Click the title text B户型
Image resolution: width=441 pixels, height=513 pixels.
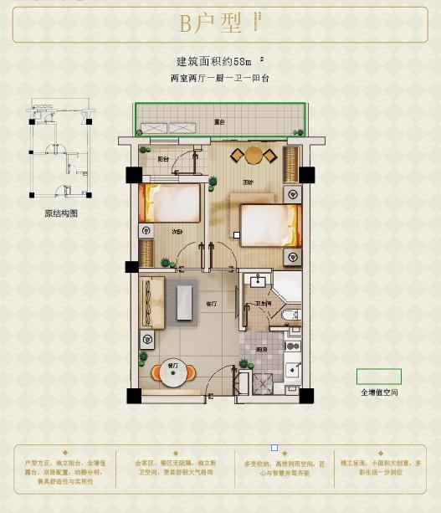(209, 23)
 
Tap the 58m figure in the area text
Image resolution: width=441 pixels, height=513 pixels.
(240, 61)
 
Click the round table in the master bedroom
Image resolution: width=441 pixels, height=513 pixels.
(254, 155)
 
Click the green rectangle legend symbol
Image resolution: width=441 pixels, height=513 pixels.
(378, 377)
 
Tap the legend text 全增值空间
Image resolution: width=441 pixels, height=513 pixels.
(379, 392)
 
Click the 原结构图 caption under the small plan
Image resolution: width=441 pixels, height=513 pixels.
(60, 213)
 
